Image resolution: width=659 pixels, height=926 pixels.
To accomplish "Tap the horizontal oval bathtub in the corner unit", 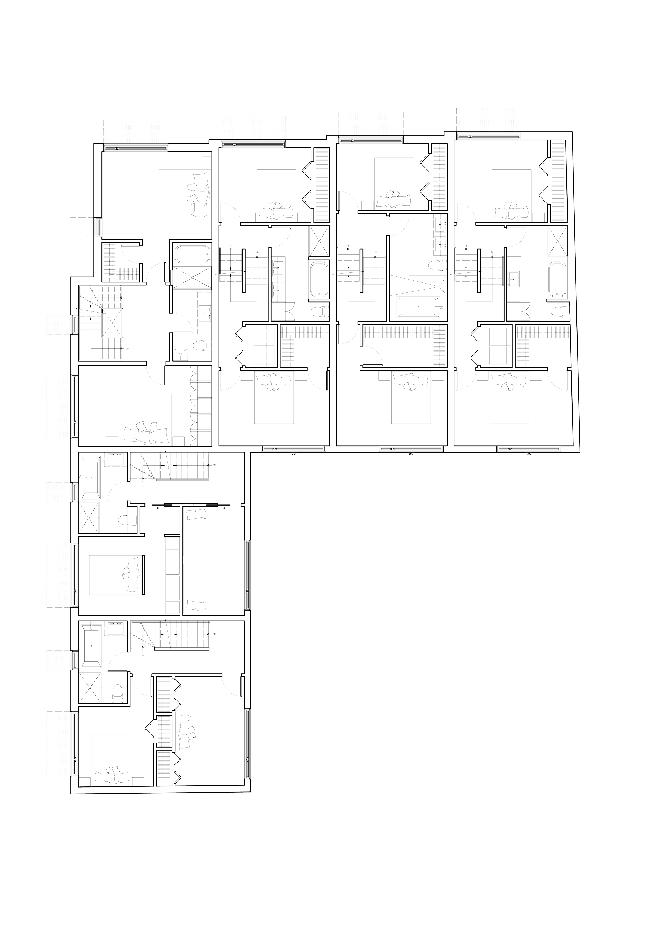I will pyautogui.click(x=191, y=255).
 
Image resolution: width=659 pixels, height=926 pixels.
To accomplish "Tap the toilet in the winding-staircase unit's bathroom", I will pyautogui.click(x=200, y=346).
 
